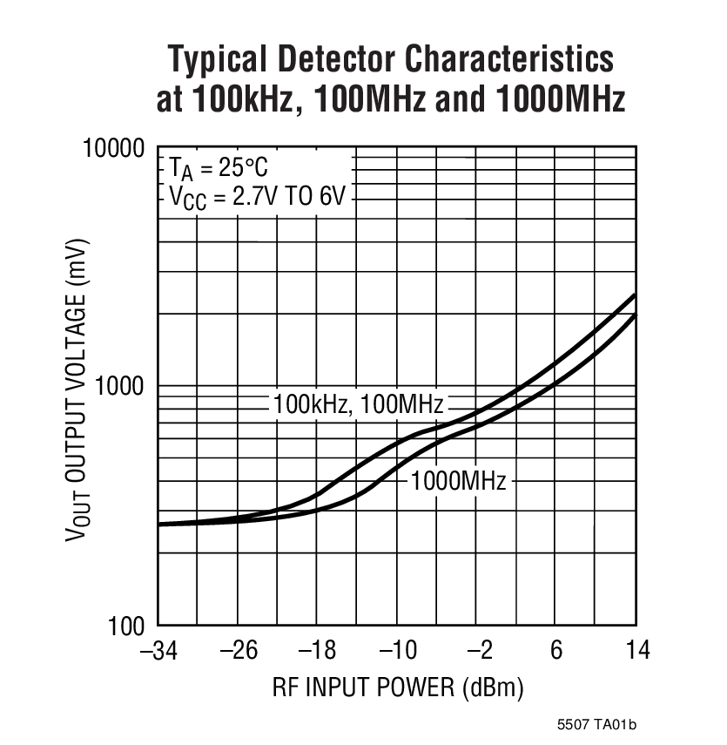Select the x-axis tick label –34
pyautogui.click(x=158, y=651)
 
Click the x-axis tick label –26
pyautogui.click(x=237, y=651)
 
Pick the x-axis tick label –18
pyautogui.click(x=317, y=651)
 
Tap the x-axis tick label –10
pyautogui.click(x=397, y=651)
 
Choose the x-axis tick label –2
pyautogui.click(x=476, y=651)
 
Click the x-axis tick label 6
pyautogui.click(x=557, y=651)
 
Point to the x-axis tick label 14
pyautogui.click(x=636, y=651)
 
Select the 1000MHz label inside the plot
pyautogui.click(x=458, y=480)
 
